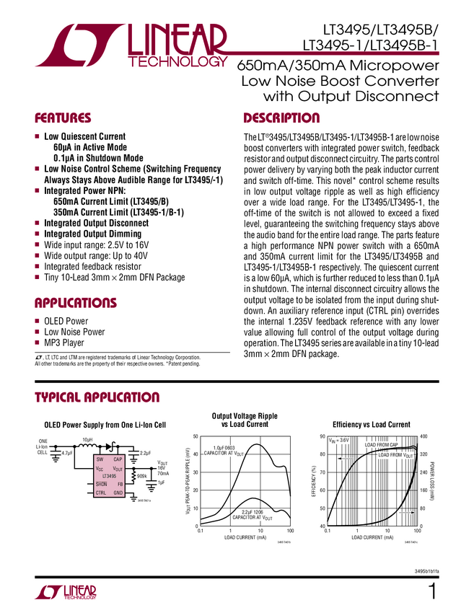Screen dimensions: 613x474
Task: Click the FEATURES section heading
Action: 63,118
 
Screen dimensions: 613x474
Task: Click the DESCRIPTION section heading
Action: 281,118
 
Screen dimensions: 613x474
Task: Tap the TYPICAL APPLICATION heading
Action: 97,397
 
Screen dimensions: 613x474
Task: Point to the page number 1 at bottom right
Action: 432,591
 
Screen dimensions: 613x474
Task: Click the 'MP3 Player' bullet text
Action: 64,343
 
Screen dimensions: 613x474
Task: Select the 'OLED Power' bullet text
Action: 66,322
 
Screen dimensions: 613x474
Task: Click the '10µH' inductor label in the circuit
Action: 87,439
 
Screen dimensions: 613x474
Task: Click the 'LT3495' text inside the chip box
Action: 109,476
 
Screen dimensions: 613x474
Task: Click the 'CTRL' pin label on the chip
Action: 101,492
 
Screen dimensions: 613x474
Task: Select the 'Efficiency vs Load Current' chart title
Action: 371,425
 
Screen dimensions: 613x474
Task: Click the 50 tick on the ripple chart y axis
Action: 195,436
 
